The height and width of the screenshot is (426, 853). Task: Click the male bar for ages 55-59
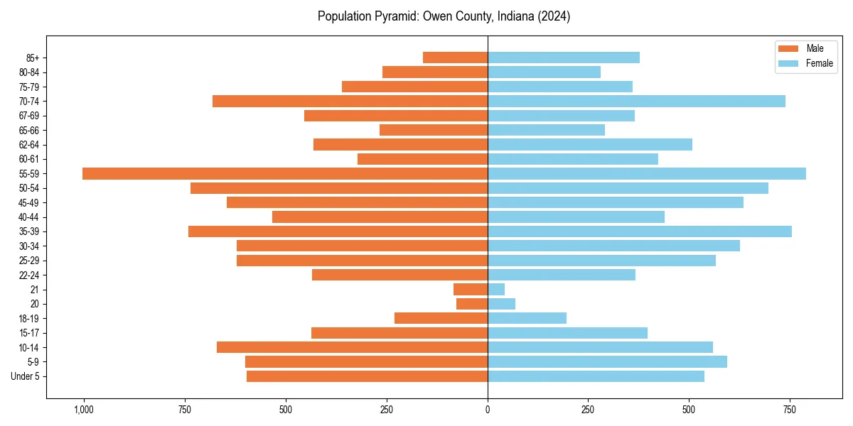tap(284, 173)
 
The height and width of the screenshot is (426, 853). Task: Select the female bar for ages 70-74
tap(636, 101)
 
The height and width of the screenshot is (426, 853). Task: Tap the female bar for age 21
tap(496, 289)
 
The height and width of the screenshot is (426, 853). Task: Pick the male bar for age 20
tap(472, 304)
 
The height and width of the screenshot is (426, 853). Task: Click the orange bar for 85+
tap(455, 58)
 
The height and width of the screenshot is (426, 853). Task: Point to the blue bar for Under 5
tap(596, 376)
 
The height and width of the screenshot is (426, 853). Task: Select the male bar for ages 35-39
tap(338, 231)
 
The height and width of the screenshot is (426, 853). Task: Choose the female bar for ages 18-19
tap(527, 318)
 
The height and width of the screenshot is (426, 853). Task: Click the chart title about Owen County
tap(444, 16)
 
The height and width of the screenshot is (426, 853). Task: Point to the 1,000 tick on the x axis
tap(84, 410)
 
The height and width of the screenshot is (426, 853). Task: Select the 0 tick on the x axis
tap(488, 410)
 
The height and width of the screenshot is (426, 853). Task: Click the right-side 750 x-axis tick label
tap(789, 410)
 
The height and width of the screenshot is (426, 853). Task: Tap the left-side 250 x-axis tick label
tap(387, 410)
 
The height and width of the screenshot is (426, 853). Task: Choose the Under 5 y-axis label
tap(25, 376)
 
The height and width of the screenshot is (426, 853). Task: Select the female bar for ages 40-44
tap(576, 217)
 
